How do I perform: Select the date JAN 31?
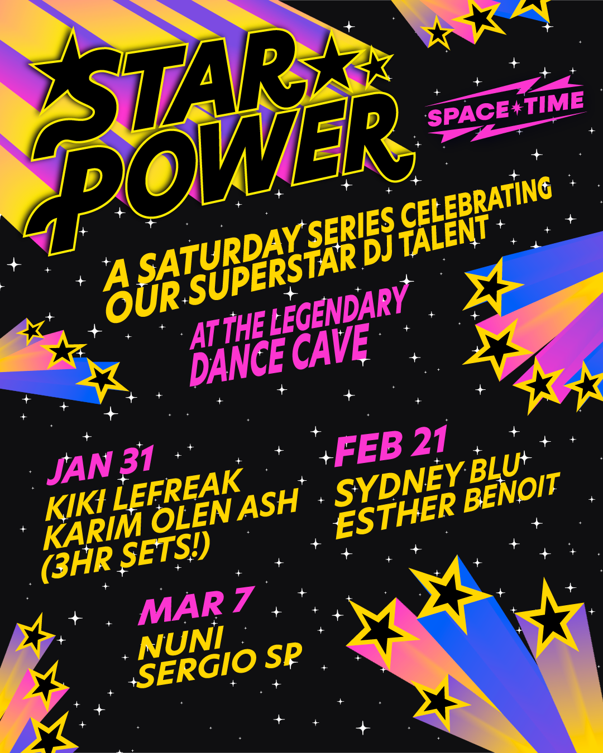pyautogui.click(x=101, y=466)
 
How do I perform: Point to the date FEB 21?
pyautogui.click(x=391, y=447)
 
